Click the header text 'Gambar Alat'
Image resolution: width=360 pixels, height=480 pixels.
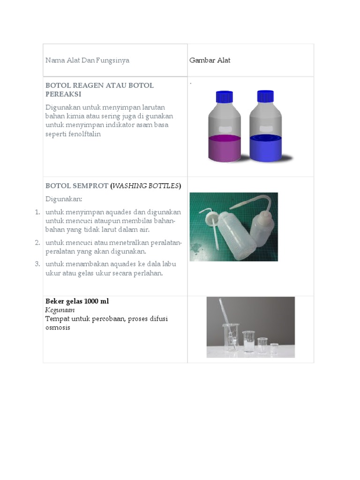[x=210, y=60]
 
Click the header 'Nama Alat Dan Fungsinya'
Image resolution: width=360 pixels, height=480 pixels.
[x=87, y=60]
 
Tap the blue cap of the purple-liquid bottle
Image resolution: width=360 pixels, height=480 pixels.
[x=224, y=97]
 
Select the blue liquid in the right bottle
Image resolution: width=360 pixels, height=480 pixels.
[x=265, y=148]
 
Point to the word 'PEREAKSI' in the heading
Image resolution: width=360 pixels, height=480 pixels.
[x=63, y=94]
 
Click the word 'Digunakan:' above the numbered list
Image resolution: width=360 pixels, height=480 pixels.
[x=63, y=199]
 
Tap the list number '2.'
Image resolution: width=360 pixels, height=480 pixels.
[x=37, y=242]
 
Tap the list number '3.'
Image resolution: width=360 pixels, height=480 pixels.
[x=37, y=264]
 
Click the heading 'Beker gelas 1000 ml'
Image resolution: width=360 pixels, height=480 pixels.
[x=77, y=301]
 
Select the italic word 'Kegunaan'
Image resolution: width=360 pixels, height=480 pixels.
[x=60, y=310]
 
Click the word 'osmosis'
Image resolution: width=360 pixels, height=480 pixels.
[x=58, y=328]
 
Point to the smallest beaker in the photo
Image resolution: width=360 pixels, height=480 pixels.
[x=274, y=348]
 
